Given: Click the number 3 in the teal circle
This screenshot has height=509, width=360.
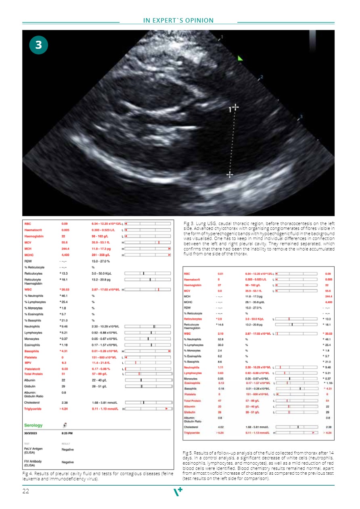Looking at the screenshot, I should tap(38, 46).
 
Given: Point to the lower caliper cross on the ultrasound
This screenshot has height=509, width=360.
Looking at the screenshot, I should tap(230, 175).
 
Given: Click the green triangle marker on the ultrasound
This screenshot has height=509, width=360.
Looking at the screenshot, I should tap(241, 58).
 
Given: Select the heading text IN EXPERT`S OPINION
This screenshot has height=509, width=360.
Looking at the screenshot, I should tap(178, 21).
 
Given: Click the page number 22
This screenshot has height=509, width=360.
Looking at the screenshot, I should tap(26, 491).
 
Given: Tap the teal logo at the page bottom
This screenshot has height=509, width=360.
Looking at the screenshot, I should tap(178, 491).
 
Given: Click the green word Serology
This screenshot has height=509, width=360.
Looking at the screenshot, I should tap(33, 426).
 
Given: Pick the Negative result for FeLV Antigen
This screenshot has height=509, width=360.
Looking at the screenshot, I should tap(68, 449).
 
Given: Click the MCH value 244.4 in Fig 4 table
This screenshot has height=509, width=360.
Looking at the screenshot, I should tap(66, 249).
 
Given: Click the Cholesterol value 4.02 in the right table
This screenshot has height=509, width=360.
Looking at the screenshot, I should tap(220, 427).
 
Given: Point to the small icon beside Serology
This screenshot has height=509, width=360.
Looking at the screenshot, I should tap(65, 425).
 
